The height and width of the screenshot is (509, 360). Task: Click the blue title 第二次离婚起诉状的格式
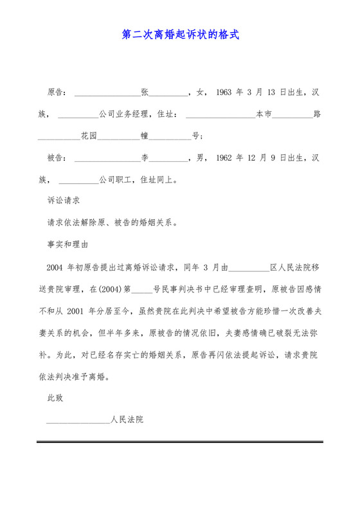click(x=180, y=34)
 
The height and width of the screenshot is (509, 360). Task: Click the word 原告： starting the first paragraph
click(x=58, y=93)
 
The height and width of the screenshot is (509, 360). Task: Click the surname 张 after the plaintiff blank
click(x=145, y=93)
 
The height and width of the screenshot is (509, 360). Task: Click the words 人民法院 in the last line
click(x=127, y=420)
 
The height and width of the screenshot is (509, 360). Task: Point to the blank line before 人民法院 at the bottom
click(x=78, y=421)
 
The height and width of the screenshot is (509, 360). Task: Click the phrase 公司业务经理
click(x=124, y=114)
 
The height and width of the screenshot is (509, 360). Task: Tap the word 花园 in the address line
click(x=89, y=136)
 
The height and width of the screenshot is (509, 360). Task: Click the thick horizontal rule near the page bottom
click(x=180, y=442)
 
